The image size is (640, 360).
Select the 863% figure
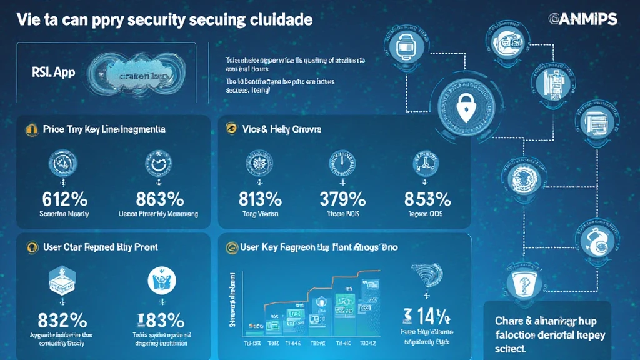tap(159, 199)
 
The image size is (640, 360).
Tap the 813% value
tap(260, 199)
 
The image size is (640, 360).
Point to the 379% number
tap(342, 199)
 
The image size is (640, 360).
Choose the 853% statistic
tap(427, 199)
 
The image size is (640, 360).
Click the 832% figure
tap(62, 320)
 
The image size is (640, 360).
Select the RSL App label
tap(52, 72)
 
